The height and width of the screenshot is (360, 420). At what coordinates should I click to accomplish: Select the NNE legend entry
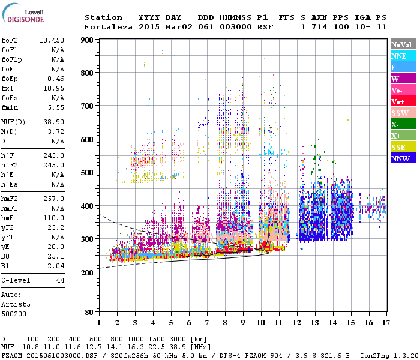[398, 56]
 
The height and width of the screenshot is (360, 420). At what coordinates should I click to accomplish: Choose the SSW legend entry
[400, 113]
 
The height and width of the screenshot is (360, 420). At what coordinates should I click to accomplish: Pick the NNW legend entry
[400, 159]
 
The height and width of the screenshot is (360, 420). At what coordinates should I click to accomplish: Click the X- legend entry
[395, 125]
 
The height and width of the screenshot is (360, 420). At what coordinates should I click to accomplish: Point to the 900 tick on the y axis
[88, 40]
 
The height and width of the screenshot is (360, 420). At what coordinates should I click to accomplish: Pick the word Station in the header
[103, 17]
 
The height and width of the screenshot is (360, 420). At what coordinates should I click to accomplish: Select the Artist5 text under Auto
[16, 304]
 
